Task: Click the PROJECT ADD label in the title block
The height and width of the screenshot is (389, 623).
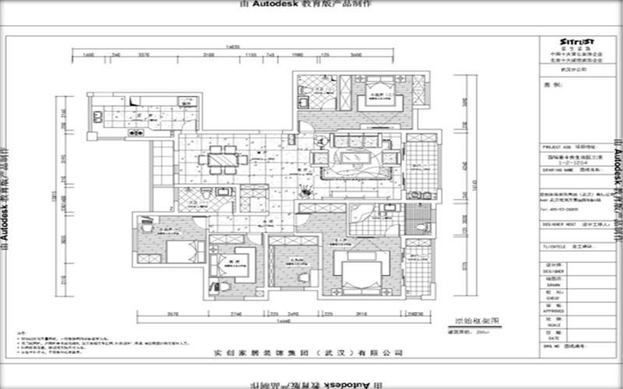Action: coord(554,145)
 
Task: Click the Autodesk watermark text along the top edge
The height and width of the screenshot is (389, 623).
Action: coord(311,5)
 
